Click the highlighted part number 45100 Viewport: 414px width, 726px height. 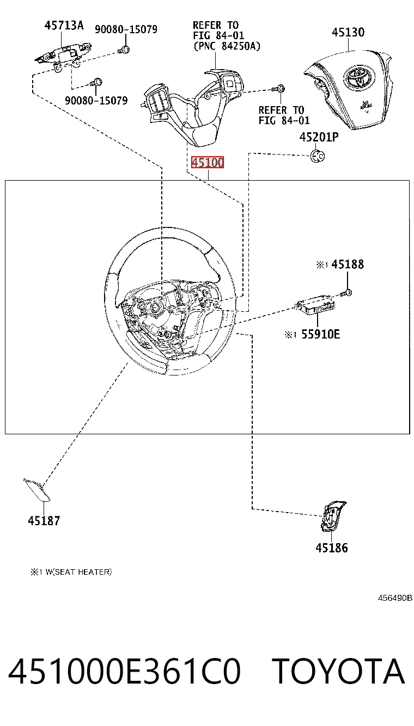coord(208,162)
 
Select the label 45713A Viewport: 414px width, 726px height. coord(64,25)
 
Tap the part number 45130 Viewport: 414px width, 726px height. coord(348,32)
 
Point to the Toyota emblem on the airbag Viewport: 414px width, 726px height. coord(359,77)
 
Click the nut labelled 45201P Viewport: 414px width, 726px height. coord(318,156)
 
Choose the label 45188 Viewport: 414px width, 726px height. coord(348,264)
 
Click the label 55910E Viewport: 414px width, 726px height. coord(320,334)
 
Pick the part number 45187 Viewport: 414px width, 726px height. coord(44,521)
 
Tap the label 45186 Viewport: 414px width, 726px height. coord(332,547)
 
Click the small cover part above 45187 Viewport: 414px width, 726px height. coord(37,489)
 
